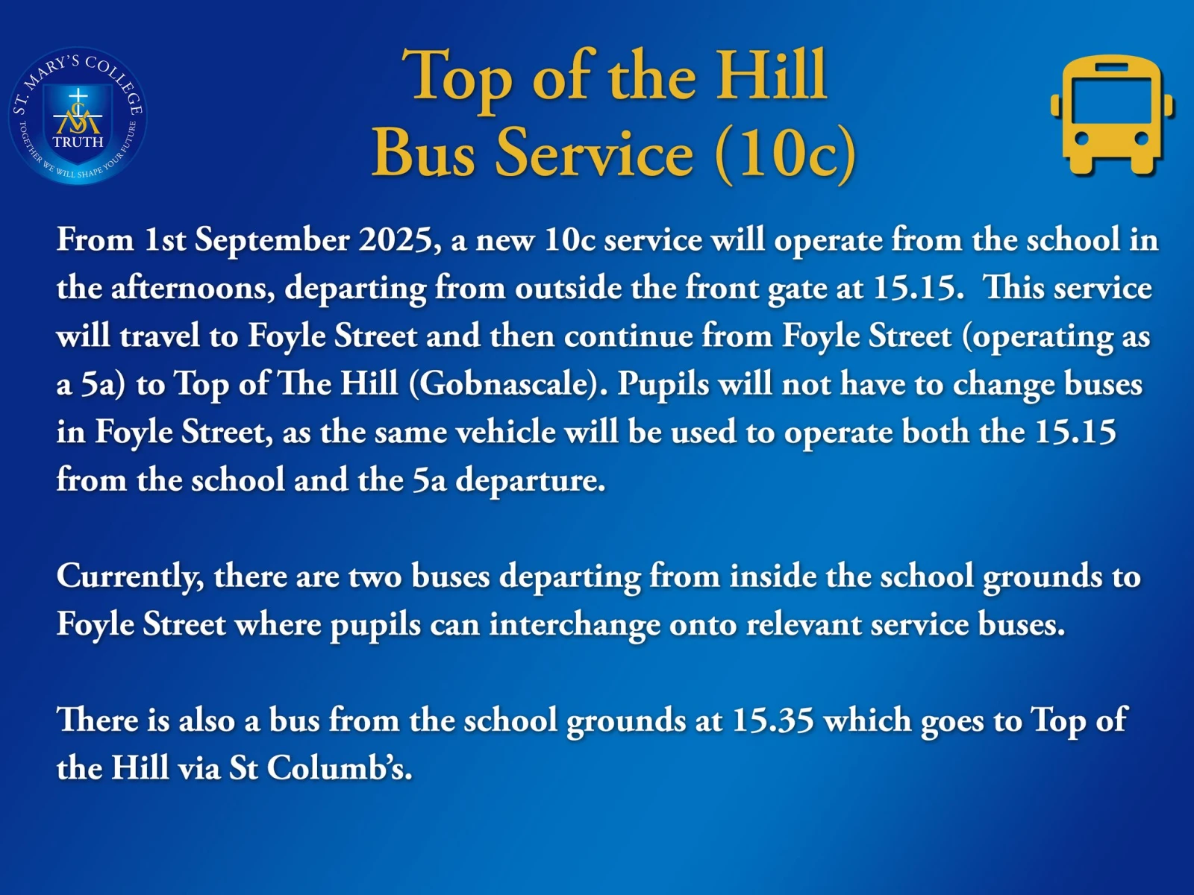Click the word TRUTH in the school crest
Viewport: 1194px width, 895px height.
pyautogui.click(x=78, y=142)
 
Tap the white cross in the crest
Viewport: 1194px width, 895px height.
pyautogui.click(x=78, y=98)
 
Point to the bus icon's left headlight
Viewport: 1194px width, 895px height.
pyautogui.click(x=1082, y=139)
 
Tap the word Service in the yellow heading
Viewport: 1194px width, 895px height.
pyautogui.click(x=595, y=153)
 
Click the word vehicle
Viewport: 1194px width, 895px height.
pyautogui.click(x=505, y=432)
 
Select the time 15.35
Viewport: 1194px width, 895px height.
pyautogui.click(x=773, y=720)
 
